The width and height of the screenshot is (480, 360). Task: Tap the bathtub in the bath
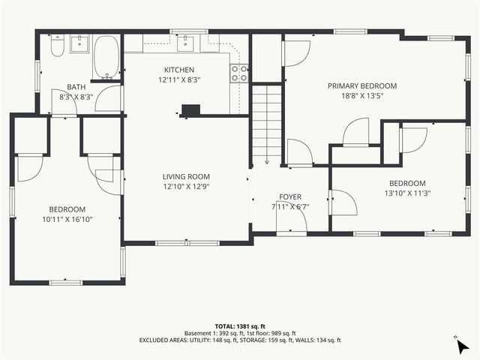[x=106, y=58]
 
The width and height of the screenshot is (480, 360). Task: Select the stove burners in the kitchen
[x=240, y=73]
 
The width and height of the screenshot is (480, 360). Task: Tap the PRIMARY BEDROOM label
[x=362, y=85]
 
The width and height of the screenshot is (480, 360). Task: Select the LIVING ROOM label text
[x=185, y=177]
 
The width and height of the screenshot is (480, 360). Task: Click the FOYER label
[x=290, y=196]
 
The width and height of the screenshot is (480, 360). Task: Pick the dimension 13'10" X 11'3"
[x=407, y=193]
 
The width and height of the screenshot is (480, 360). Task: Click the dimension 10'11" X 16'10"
[x=67, y=219]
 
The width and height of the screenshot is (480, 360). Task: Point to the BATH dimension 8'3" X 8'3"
[x=76, y=97]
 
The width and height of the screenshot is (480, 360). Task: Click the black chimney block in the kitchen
[x=191, y=110]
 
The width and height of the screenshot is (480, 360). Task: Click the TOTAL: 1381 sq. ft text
[x=240, y=326]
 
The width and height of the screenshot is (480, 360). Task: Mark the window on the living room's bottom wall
[x=187, y=242]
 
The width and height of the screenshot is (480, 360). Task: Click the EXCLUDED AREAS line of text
[x=240, y=340]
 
